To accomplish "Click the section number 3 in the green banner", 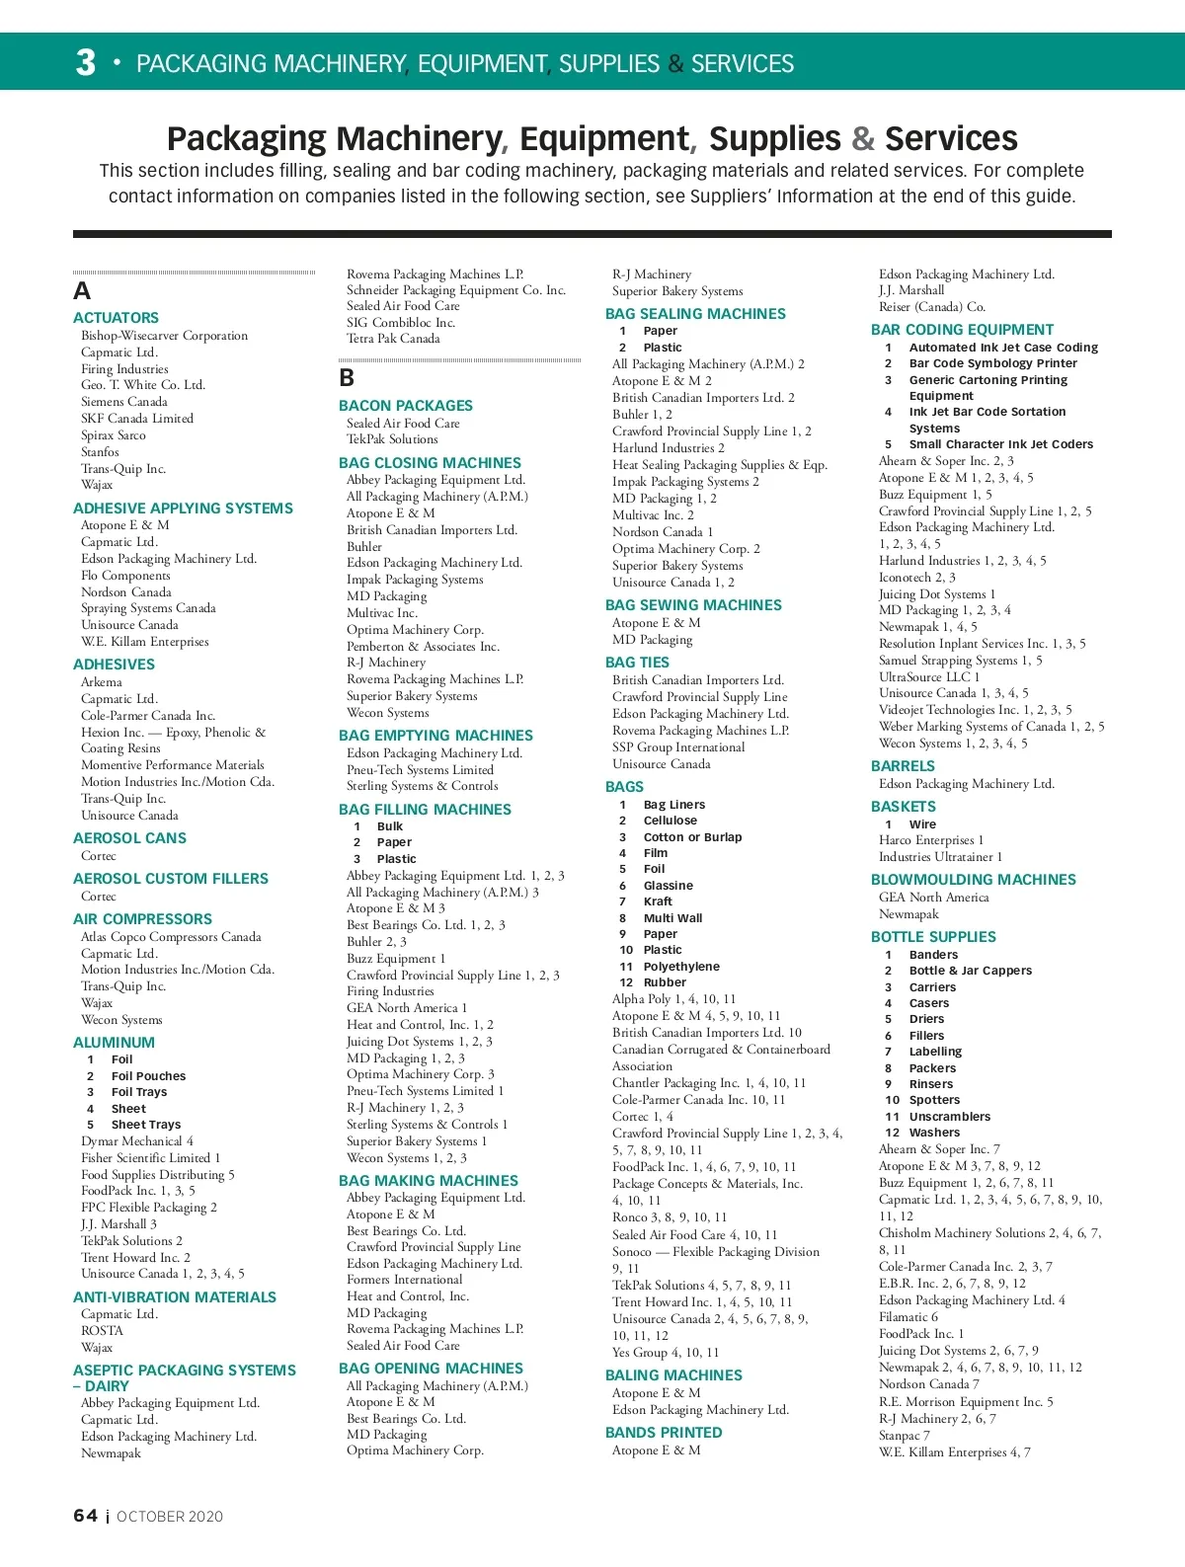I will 86,62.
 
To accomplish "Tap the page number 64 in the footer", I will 86,1516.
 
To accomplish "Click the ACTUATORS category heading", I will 116,318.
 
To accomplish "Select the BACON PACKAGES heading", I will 405,406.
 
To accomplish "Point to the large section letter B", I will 347,378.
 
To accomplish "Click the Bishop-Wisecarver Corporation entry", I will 164,336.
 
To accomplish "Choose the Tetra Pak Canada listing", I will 393,339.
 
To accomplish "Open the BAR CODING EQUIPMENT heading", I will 962,330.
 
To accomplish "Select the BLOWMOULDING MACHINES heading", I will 973,880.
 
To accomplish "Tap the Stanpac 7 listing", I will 904,1436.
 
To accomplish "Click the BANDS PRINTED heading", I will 664,1433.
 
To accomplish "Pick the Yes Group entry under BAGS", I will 665,1353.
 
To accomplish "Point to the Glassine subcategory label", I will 668,886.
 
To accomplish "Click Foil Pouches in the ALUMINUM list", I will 148,1076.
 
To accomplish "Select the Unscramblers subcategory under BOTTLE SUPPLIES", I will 949,1117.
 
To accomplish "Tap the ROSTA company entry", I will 102,1331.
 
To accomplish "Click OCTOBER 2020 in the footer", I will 170,1517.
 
